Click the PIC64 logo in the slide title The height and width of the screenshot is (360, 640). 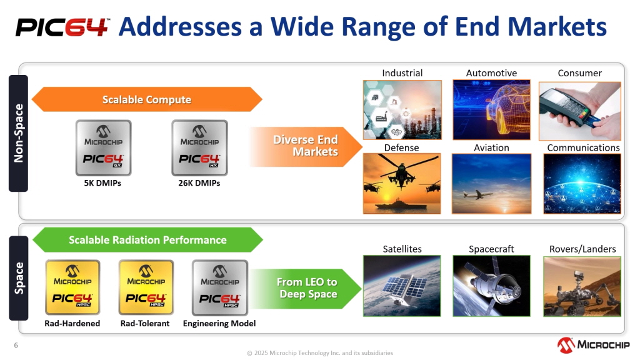pos(62,27)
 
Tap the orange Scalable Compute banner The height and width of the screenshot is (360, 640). pos(147,99)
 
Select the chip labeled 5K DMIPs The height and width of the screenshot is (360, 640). pos(103,147)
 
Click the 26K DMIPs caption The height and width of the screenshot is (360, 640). pos(199,183)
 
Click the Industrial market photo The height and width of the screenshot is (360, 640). pos(402,110)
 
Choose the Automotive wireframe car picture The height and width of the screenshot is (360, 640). pos(491,110)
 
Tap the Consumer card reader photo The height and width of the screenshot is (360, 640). pos(579,111)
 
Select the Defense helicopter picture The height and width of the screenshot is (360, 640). pos(402,183)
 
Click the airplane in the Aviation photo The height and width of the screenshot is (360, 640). pos(478,195)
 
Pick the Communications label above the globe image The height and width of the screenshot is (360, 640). pos(583,147)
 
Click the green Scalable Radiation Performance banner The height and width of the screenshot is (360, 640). pos(147,239)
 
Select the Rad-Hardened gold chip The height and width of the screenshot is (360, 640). pos(72,287)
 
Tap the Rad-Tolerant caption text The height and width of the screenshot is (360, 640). pos(145,323)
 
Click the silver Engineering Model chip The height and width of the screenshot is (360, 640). pos(219,287)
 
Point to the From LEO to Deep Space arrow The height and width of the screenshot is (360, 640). pos(306,288)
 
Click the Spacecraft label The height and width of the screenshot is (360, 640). pos(491,249)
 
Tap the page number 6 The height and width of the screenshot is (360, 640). pos(16,345)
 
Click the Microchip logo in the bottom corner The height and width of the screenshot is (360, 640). pos(593,345)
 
